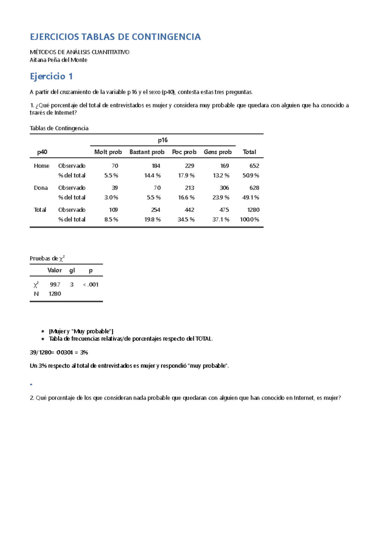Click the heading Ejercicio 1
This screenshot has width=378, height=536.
pyautogui.click(x=51, y=76)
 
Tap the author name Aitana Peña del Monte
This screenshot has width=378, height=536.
pyautogui.click(x=58, y=60)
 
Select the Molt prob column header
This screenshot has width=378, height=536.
pyautogui.click(x=108, y=152)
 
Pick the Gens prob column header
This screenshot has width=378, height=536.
pyautogui.click(x=218, y=152)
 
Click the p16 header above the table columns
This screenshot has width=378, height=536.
pyautogui.click(x=163, y=140)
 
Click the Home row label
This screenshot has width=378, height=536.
pyautogui.click(x=42, y=166)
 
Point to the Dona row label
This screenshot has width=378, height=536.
pyautogui.click(x=41, y=188)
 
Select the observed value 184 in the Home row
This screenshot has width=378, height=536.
pyautogui.click(x=156, y=166)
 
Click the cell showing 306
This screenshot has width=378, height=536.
pyautogui.click(x=224, y=188)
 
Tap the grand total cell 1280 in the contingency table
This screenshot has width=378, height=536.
pyautogui.click(x=253, y=210)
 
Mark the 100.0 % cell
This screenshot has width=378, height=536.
pyautogui.click(x=249, y=219)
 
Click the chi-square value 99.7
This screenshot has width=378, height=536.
pyautogui.click(x=55, y=284)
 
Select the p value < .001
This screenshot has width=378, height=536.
pyautogui.click(x=91, y=284)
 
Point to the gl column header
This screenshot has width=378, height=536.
pyautogui.click(x=72, y=270)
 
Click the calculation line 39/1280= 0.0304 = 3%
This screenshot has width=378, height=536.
pyautogui.click(x=59, y=352)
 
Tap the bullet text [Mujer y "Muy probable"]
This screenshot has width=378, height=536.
pyautogui.click(x=81, y=331)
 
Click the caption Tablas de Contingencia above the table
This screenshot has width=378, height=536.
pyautogui.click(x=59, y=128)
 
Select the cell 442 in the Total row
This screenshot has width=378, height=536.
pyautogui.click(x=189, y=210)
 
